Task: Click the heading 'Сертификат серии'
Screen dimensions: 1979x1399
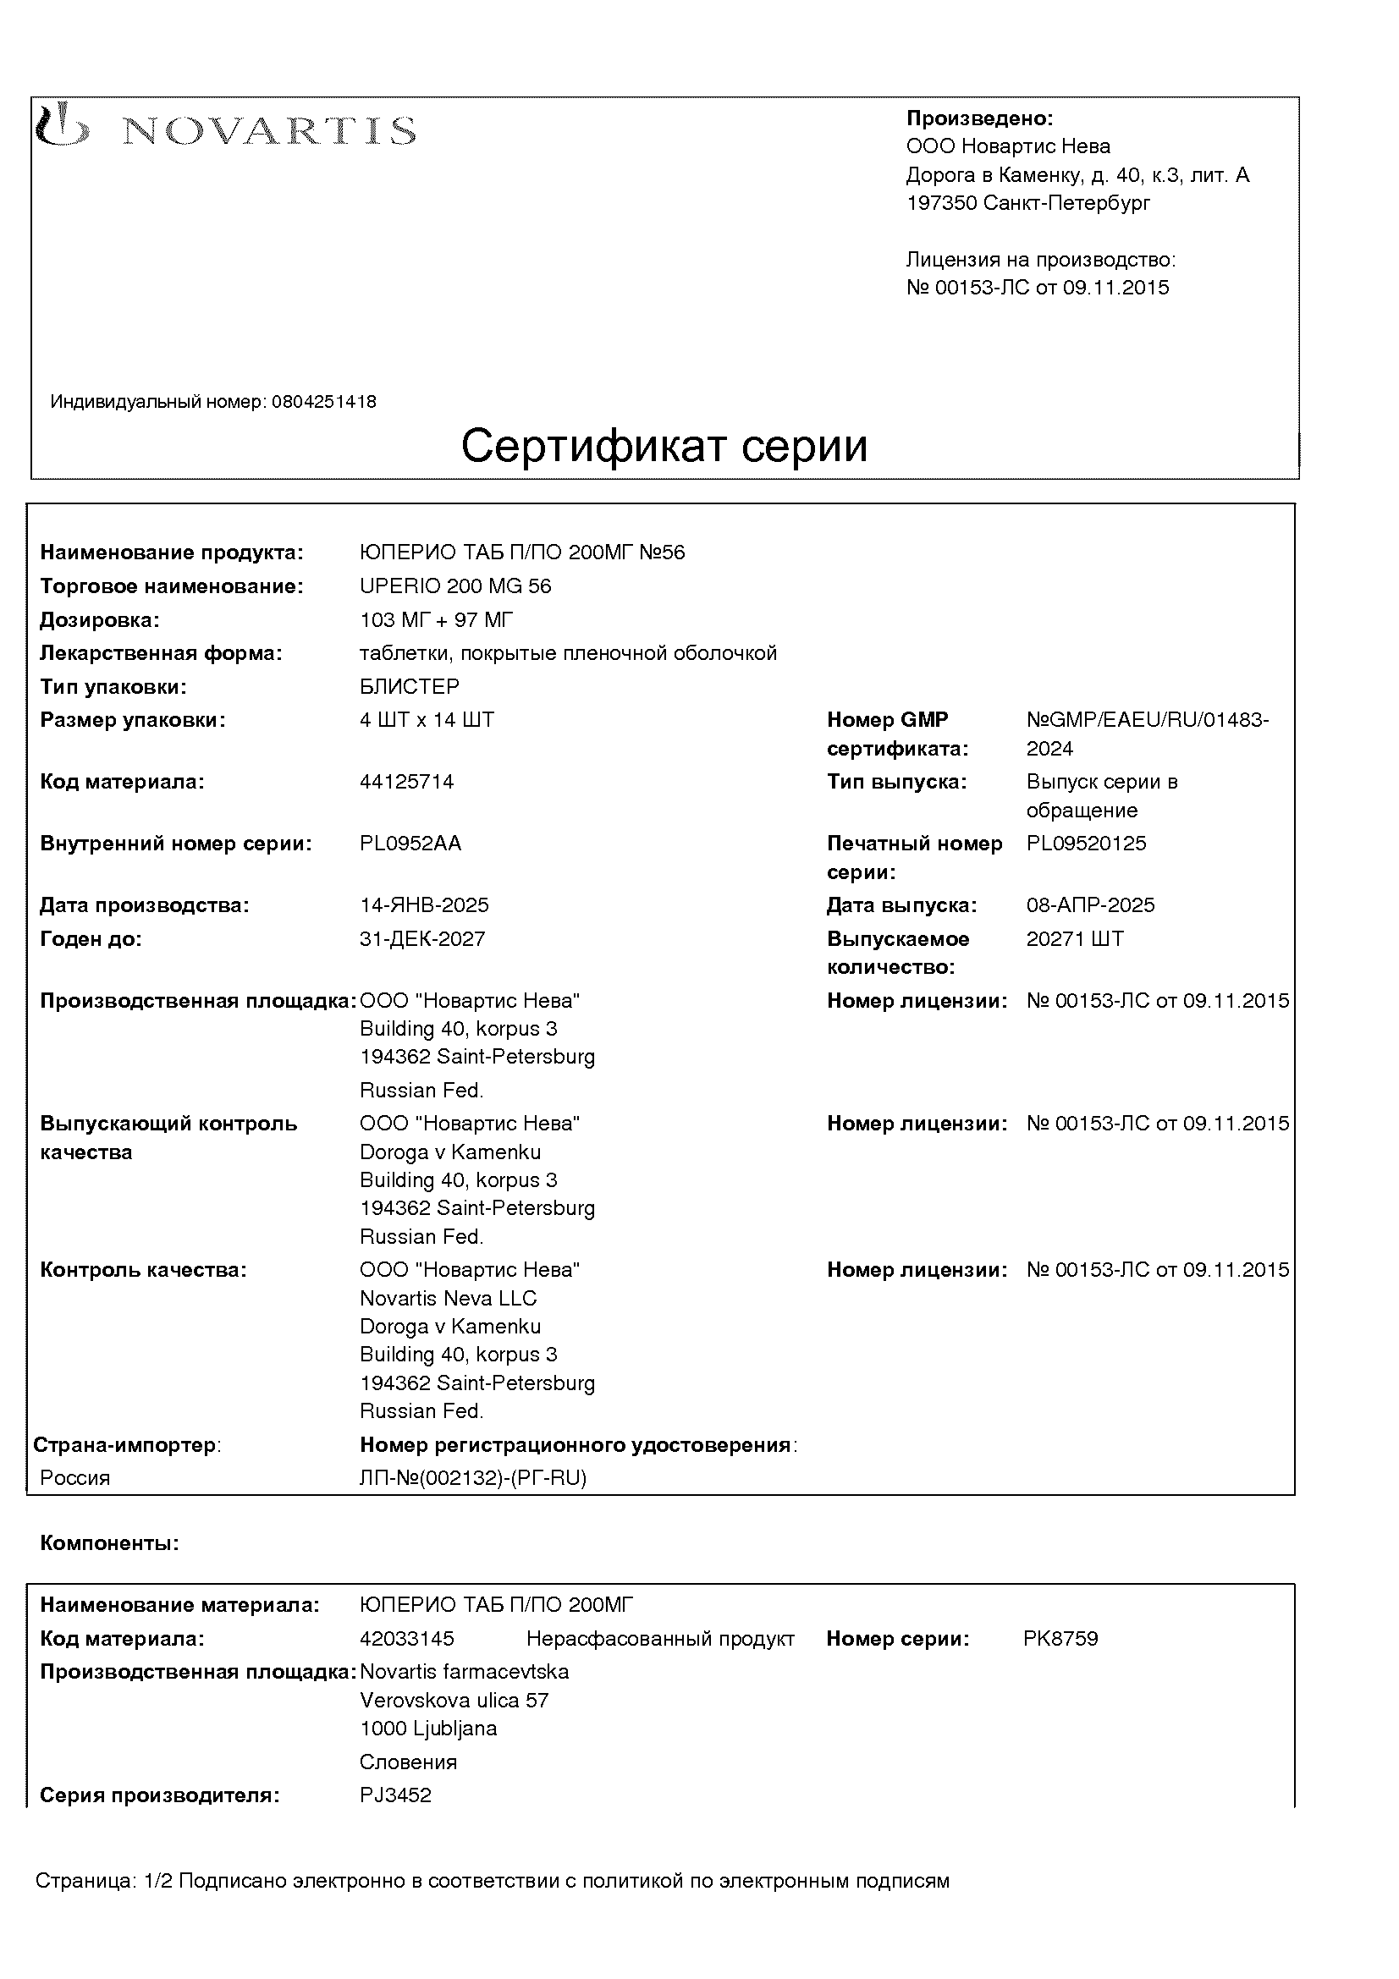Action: [664, 447]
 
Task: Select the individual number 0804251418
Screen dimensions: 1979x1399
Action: [324, 402]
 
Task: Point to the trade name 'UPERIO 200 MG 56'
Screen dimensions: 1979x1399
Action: [455, 586]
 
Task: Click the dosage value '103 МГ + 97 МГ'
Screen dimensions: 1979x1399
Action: [436, 619]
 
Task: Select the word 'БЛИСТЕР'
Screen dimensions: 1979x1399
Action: [410, 687]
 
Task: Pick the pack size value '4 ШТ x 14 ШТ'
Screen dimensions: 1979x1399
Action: [427, 720]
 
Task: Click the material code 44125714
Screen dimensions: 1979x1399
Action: [407, 782]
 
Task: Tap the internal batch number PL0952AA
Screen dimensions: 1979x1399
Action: [410, 843]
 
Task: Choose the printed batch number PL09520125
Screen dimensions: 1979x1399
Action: [1086, 843]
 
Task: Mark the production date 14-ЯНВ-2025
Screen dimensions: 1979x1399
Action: [424, 905]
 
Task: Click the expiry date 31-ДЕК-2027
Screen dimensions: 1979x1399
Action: [422, 938]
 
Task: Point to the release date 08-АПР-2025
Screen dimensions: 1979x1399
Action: [1090, 905]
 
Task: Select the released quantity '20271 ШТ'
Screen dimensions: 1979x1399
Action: [1075, 938]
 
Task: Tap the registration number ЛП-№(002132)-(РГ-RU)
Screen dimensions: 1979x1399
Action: [473, 1478]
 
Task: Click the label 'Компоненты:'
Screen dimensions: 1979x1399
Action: [109, 1544]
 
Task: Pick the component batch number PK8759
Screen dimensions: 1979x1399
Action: [1060, 1639]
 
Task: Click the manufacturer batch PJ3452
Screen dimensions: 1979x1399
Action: [395, 1795]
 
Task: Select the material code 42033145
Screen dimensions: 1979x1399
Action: [407, 1639]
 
